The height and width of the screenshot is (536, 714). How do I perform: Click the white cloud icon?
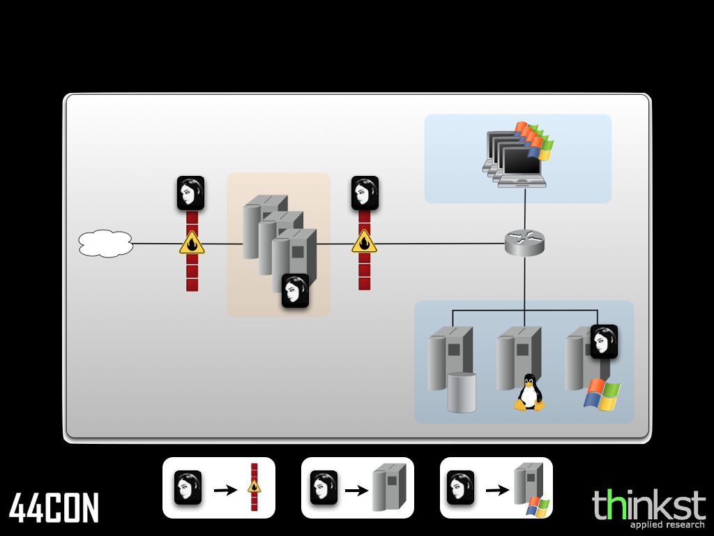(106, 244)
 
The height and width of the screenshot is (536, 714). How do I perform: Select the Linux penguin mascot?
(529, 393)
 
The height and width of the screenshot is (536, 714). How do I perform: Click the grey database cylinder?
(462, 392)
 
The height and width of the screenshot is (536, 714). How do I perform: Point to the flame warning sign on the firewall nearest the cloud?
(192, 244)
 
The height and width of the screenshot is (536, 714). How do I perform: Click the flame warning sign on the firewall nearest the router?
(364, 243)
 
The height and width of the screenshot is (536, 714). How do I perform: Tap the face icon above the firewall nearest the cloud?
(190, 193)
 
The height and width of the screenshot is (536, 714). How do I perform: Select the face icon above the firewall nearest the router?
(365, 193)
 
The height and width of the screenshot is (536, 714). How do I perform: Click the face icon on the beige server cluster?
(295, 290)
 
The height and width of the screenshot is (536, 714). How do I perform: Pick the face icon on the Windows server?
(604, 341)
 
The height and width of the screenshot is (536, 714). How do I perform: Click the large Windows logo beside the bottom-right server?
(602, 394)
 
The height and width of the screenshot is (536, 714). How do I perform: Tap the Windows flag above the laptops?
(533, 138)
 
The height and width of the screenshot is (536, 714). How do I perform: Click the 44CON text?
(54, 508)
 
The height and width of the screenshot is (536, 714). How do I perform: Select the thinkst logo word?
(639, 504)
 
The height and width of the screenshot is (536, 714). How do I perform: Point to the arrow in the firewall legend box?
(225, 490)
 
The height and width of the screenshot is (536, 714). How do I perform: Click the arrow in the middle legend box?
(356, 490)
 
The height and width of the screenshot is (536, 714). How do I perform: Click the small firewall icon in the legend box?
(255, 487)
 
